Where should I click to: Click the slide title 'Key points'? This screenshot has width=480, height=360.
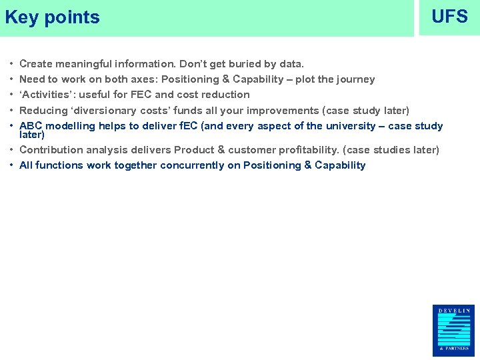52,17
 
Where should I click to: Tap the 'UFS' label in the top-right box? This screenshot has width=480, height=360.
449,17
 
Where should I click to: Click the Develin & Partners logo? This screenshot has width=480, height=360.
453,330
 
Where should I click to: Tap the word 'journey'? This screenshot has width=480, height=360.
355,79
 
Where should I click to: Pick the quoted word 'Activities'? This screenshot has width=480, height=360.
46,95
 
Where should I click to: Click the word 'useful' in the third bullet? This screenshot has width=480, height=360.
96,95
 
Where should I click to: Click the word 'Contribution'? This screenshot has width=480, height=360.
51,150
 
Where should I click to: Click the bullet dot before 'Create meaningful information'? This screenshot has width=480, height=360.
13,64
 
